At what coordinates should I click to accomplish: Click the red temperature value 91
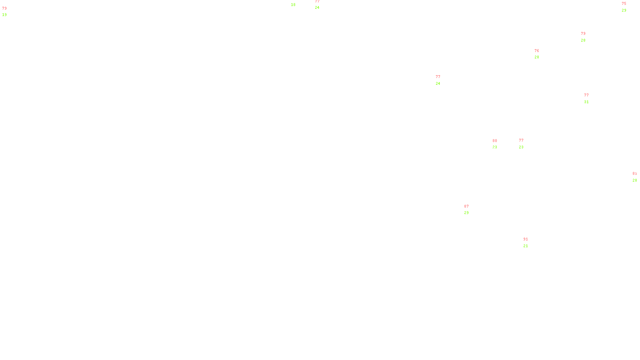pos(526,239)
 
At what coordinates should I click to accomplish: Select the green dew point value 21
pos(526,246)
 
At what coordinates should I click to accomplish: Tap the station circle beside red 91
pos(530,242)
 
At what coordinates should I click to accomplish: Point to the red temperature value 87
pos(466,206)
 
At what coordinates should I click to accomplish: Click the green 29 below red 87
pos(466,213)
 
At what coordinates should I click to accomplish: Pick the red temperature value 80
pos(495,141)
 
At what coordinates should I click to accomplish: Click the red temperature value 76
pos(537,51)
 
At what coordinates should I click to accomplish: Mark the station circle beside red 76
pos(540,54)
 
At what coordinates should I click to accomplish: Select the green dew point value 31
pos(586,102)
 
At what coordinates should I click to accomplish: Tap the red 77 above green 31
pos(586,95)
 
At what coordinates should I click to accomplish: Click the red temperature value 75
pos(624,4)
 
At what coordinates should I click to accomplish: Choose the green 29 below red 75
pos(624,10)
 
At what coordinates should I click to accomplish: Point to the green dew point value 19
pos(4,15)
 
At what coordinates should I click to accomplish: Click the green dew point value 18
pos(293,5)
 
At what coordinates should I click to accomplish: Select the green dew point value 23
pos(521,147)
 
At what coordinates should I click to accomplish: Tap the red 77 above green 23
pos(521,140)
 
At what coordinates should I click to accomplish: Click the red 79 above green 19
pos(4,8)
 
